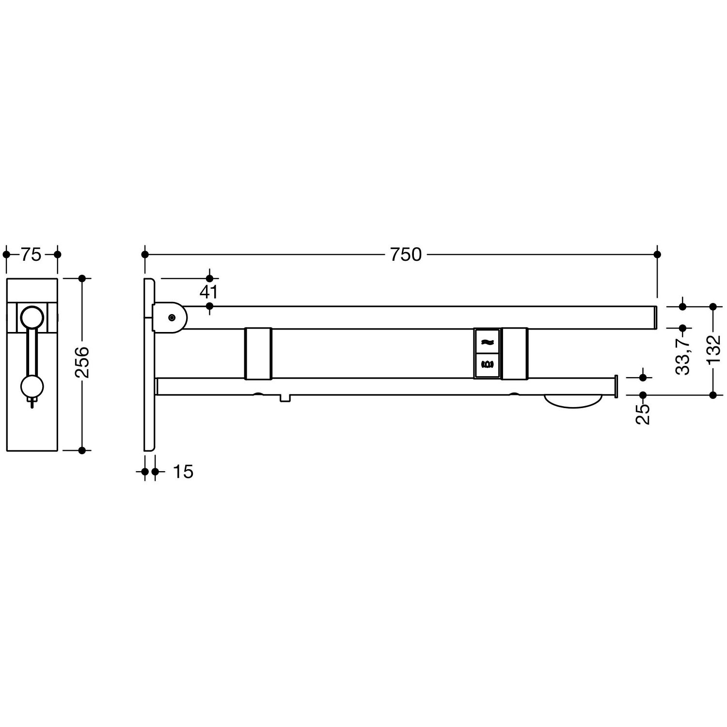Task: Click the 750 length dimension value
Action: [x=406, y=254]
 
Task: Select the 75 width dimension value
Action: [x=31, y=254]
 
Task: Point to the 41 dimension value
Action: [x=209, y=292]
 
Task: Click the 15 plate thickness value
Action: [x=183, y=472]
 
